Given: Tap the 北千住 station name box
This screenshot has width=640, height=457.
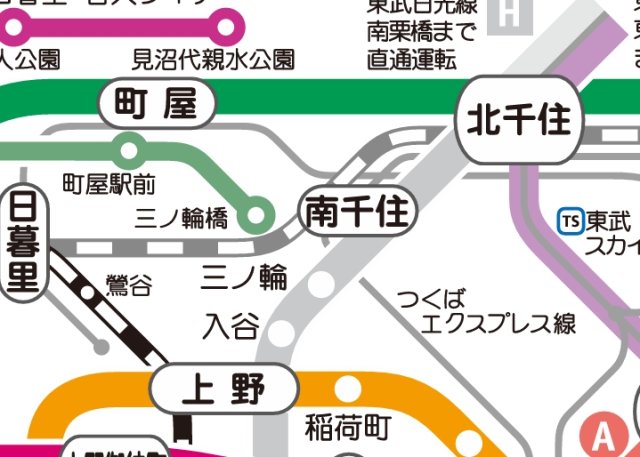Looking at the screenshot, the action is pos(518,121).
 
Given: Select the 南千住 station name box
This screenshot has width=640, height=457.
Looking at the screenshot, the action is pos(357,214).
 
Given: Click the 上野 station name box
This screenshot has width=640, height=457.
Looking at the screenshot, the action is pos(224,388).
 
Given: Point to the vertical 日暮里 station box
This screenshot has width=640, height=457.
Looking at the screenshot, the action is pos(22,242).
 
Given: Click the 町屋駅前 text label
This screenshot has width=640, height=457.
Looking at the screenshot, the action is pos(109,184).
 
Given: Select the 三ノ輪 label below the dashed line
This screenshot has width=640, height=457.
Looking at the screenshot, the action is pos(245,275).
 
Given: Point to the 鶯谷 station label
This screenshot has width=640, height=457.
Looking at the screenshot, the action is pos(129,286).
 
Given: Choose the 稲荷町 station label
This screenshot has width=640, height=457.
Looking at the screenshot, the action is pos(347,428).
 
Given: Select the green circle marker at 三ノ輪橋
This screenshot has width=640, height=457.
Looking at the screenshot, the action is pos(258,213).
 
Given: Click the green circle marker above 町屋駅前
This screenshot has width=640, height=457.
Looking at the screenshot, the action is pos(128,152).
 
